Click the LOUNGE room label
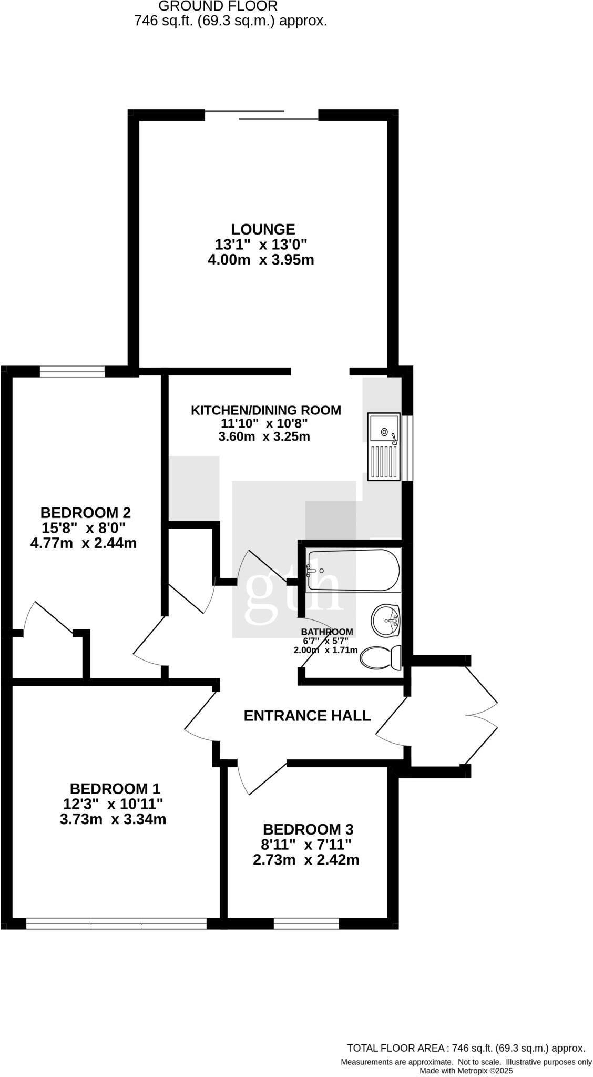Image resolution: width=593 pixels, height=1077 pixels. point(262,229)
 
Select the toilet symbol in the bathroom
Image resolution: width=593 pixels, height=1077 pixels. point(381,657)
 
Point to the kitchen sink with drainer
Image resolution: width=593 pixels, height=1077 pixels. point(384,447)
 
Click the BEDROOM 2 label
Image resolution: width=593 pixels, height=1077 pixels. point(85,512)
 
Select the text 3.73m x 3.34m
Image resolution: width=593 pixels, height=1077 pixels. point(113,819)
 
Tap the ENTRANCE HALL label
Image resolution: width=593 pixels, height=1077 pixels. point(307,715)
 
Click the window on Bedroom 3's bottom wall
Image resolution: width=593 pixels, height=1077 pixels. point(306,923)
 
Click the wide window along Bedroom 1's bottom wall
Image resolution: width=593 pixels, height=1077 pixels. point(116,923)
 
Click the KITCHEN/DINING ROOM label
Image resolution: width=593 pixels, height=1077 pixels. point(265,410)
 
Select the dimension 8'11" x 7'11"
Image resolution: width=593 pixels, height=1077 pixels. point(306,845)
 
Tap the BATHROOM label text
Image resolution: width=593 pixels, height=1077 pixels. point(326,632)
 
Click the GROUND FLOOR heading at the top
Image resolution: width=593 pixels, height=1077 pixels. point(217,6)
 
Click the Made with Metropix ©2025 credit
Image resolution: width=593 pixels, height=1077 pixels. point(466,1070)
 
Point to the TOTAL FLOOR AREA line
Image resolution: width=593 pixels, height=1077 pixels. point(466,1048)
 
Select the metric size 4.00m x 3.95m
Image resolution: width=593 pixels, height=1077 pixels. point(261,260)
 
